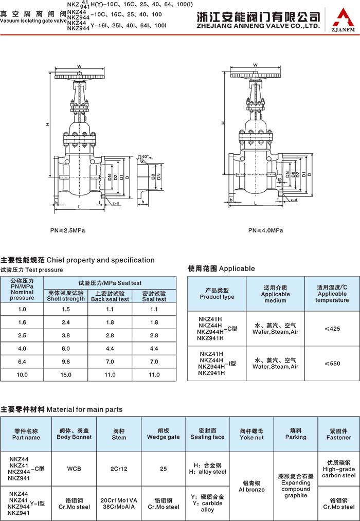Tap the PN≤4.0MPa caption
pos(265,230)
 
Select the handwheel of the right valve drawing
pos(255,75)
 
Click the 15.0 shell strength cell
pos(66,375)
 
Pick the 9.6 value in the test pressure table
pos(66,362)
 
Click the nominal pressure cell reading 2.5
pos(22,335)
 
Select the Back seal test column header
pos(110,296)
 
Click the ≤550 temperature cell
pos(332,364)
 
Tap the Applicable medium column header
pos(275,294)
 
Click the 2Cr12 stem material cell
pos(119,469)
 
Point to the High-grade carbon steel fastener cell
pos(338,469)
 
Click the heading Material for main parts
pos(62,409)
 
